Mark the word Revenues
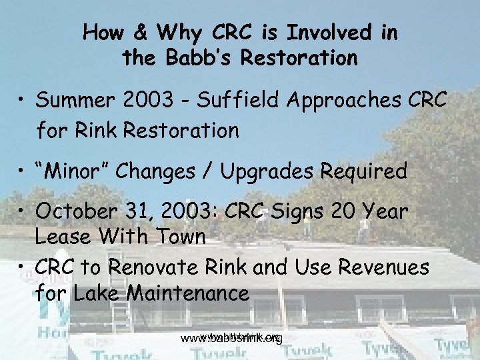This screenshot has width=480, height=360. [x=386, y=268]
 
